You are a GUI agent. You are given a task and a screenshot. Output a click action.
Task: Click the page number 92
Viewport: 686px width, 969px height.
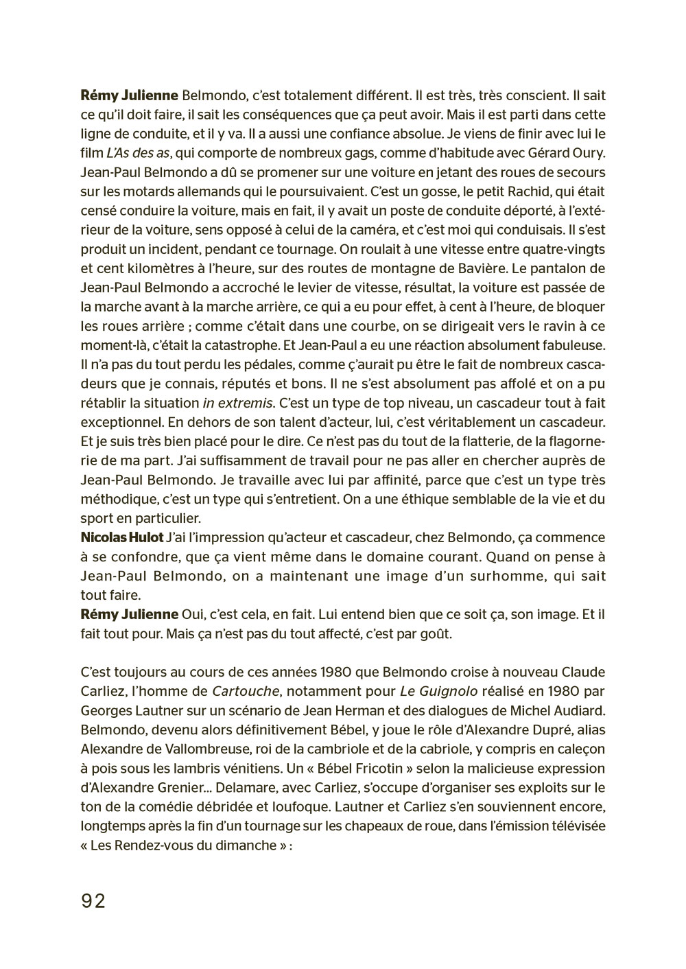point(93,900)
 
